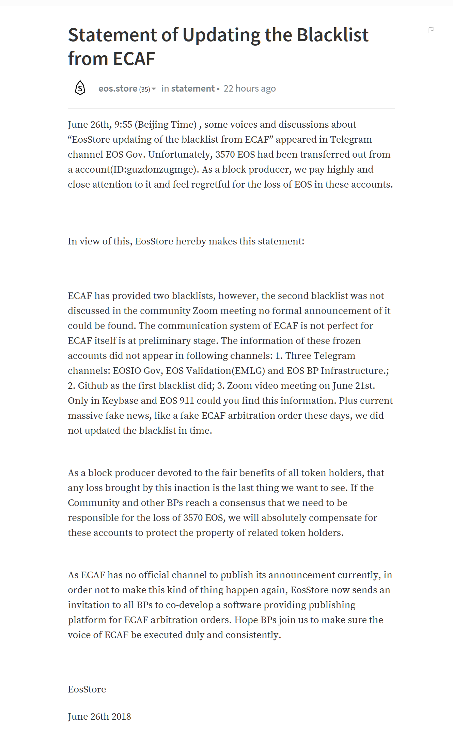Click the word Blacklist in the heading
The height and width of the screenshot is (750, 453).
332,35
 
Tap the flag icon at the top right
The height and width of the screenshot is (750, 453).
431,30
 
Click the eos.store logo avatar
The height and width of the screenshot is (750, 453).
80,88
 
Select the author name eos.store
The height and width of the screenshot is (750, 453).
118,89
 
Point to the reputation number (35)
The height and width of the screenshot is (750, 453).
144,89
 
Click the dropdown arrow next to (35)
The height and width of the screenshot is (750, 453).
154,89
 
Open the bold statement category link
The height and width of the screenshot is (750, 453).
193,89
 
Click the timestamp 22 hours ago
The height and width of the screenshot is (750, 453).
249,89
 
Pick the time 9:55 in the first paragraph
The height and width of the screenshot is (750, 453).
123,125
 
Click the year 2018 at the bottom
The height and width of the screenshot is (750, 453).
121,717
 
